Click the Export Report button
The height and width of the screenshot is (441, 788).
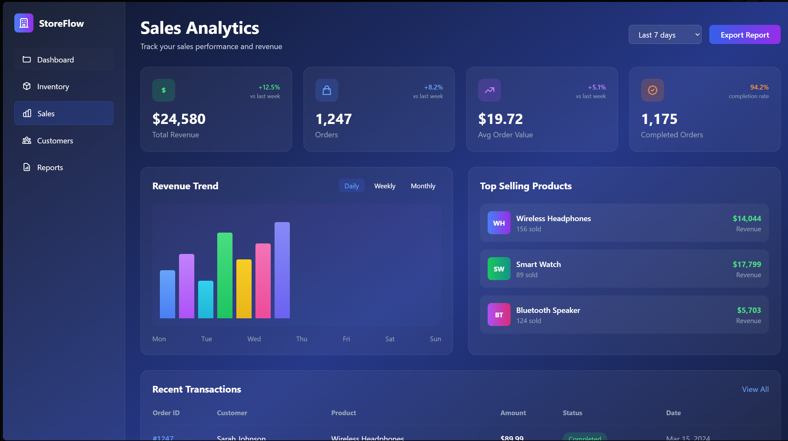[744, 35]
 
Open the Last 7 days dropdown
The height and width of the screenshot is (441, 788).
[665, 35]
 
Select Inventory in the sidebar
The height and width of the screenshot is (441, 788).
[53, 87]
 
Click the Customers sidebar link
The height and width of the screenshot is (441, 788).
[55, 141]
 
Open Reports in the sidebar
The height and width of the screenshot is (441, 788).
[50, 168]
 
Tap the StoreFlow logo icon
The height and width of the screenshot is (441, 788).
[24, 23]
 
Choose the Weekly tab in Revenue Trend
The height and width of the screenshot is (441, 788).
[384, 186]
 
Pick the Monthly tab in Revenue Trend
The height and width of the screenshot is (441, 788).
[423, 186]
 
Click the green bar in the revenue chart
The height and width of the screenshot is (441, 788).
[225, 276]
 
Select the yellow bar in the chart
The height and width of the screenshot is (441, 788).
[244, 289]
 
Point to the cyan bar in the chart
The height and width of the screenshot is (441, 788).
[205, 300]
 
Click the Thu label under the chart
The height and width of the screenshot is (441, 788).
[301, 339]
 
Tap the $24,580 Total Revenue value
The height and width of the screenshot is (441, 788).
[179, 119]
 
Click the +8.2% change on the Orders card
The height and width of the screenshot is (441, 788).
[433, 87]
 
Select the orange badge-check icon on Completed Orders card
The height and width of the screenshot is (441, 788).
[652, 90]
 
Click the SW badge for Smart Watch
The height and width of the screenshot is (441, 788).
[498, 269]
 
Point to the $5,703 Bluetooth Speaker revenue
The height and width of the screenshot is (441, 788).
[749, 310]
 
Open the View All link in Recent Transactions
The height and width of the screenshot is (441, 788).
[755, 389]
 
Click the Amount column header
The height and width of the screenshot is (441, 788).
[513, 413]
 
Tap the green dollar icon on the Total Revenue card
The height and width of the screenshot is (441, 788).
[163, 90]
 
